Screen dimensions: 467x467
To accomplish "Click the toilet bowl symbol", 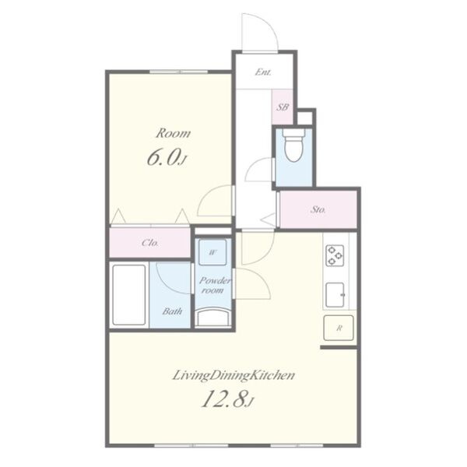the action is point(294,146).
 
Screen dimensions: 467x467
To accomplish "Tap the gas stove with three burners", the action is point(335,255).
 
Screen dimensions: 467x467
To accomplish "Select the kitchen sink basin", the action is point(335,295).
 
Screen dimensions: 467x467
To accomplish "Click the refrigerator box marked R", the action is point(339,328).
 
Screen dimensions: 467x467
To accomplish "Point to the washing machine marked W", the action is point(212,252).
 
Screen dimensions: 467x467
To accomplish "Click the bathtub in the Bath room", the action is point(129,295).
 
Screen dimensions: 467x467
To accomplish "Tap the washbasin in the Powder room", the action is point(213,317).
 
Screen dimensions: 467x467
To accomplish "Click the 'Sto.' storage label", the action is point(318,209).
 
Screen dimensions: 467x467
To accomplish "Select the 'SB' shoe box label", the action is point(283,107).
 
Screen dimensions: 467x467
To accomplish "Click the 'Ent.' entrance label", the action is point(263,72).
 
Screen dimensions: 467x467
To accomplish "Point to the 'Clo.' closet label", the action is point(150,243).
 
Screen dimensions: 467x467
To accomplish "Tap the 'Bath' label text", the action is point(172,311).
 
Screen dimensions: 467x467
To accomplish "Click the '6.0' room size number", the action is point(163,158).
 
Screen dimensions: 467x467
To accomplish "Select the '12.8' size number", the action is point(225,399).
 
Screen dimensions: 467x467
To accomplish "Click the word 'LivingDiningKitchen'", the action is point(233,376).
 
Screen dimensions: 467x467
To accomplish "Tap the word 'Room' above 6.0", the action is point(174,133).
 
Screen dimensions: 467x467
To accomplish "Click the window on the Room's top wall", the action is point(178,72).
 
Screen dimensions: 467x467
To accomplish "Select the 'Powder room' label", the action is point(215,286).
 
